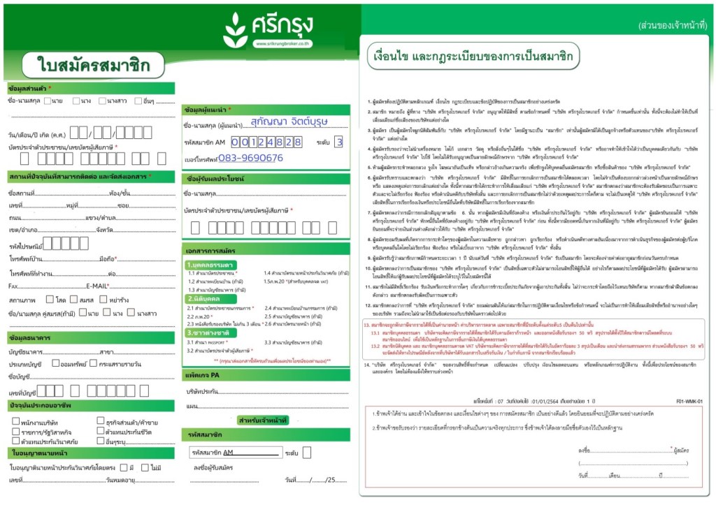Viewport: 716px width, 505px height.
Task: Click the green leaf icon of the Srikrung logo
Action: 235,30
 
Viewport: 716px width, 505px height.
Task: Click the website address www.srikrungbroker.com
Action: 282,44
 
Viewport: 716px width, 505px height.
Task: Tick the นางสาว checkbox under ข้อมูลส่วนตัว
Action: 102,101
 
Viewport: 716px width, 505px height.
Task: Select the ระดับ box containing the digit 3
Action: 338,142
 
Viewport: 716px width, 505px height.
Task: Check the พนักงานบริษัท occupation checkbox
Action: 15,421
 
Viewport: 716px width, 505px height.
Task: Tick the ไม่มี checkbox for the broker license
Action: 145,467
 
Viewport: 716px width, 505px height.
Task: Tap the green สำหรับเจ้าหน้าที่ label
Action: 263,420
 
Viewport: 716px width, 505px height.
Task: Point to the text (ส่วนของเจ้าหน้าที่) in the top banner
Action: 669,26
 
